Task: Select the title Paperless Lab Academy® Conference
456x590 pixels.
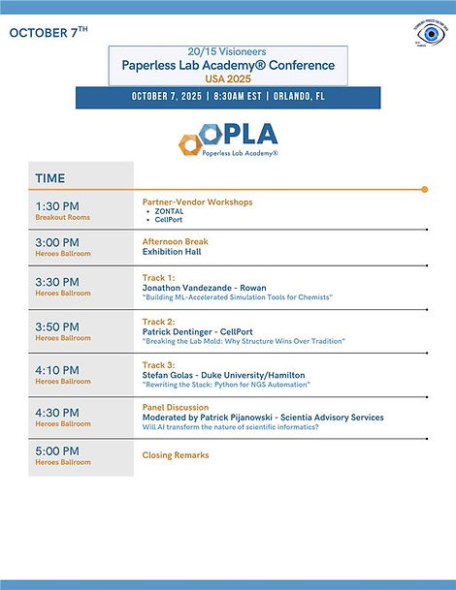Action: pyautogui.click(x=228, y=65)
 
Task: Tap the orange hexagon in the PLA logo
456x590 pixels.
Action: pyautogui.click(x=189, y=143)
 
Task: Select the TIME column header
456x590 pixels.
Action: pyautogui.click(x=50, y=178)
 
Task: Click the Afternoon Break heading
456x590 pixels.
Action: pyautogui.click(x=176, y=241)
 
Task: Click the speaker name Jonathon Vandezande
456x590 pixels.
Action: pyautogui.click(x=189, y=287)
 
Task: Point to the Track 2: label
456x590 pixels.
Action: pyautogui.click(x=158, y=321)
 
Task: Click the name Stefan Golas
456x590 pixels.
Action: pyautogui.click(x=170, y=375)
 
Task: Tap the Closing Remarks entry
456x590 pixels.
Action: pyautogui.click(x=176, y=454)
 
